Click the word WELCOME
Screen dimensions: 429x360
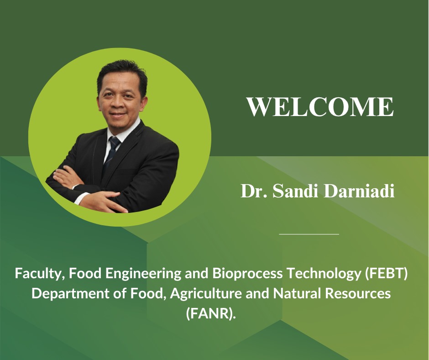320,106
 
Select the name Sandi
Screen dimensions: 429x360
295,191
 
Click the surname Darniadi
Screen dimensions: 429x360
359,191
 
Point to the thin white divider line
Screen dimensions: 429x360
309,234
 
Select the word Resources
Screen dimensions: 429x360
358,294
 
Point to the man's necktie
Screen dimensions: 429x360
112,152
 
